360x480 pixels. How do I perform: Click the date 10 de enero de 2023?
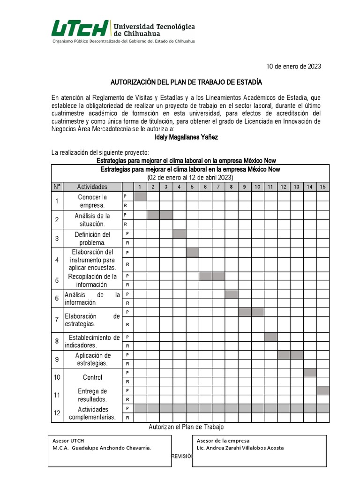pyautogui.click(x=293, y=67)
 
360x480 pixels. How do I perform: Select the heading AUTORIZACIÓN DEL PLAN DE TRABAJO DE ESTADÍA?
pyautogui.click(x=186, y=82)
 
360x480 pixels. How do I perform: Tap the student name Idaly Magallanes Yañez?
pyautogui.click(x=186, y=137)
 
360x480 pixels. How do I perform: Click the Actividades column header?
pyautogui.click(x=92, y=187)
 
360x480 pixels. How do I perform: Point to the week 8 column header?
pyautogui.click(x=231, y=187)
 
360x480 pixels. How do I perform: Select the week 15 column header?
pyautogui.click(x=322, y=187)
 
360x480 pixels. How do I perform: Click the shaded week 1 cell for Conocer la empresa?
pyautogui.click(x=140, y=196)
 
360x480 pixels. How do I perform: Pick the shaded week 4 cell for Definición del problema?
pyautogui.click(x=180, y=233)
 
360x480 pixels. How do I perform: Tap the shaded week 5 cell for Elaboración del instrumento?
pyautogui.click(x=193, y=252)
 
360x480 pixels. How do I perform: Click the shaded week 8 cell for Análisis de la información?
pyautogui.click(x=231, y=294)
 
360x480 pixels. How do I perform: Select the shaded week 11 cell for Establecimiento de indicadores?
pyautogui.click(x=270, y=337)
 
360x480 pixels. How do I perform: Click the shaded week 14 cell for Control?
pyautogui.click(x=309, y=373)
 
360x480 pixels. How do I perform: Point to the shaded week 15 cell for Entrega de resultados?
pyautogui.click(x=322, y=390)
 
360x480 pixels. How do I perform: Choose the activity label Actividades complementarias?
pyautogui.click(x=92, y=413)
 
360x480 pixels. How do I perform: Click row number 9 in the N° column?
pyautogui.click(x=57, y=359)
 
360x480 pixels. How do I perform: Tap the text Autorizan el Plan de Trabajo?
pyautogui.click(x=186, y=427)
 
